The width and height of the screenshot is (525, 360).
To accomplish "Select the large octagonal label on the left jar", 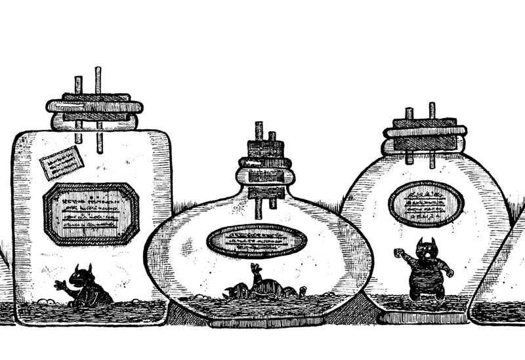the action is click(91, 213).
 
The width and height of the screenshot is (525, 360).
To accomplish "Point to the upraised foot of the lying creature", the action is click(255, 269).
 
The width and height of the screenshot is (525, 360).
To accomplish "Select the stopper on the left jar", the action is click(95, 111).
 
